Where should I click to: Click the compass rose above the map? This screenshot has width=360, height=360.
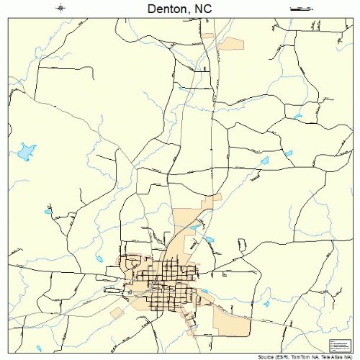pos(61,9)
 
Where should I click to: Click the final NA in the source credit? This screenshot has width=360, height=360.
pos(348,356)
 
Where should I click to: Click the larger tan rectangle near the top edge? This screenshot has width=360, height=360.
pos(232,43)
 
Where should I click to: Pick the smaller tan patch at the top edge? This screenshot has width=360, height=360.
pos(208,35)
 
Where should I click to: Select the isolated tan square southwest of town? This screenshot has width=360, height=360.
pos(117,312)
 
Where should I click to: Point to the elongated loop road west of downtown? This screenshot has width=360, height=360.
pos(112,276)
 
